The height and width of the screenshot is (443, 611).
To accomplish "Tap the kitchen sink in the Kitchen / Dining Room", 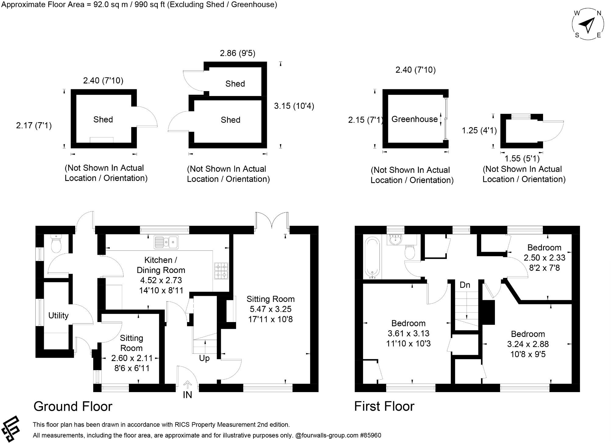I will pyautogui.click(x=166, y=242).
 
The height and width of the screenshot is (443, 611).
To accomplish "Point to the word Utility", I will pyautogui.click(x=58, y=316).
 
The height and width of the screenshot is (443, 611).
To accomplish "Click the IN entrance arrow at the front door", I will pyautogui.click(x=187, y=385).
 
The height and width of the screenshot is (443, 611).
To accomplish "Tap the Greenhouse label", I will pyautogui.click(x=414, y=119).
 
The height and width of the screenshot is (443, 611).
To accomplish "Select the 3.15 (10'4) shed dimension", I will pyautogui.click(x=294, y=106).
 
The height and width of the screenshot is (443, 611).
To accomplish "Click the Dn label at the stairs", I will pyautogui.click(x=465, y=285).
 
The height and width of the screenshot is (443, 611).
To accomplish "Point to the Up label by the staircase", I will pyautogui.click(x=204, y=358).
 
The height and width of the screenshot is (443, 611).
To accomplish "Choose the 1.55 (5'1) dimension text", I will pyautogui.click(x=522, y=158).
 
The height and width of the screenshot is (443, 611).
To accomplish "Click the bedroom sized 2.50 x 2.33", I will pyautogui.click(x=544, y=257).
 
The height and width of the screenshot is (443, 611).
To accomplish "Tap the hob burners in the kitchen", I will pyautogui.click(x=221, y=271).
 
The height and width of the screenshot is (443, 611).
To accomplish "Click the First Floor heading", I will pyautogui.click(x=384, y=406).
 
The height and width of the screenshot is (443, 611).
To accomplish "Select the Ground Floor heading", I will pyautogui.click(x=73, y=406).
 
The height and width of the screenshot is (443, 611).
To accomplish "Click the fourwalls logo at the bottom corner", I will pyautogui.click(x=10, y=428).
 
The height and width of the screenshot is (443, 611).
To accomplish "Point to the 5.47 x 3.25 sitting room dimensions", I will pyautogui.click(x=270, y=309).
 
